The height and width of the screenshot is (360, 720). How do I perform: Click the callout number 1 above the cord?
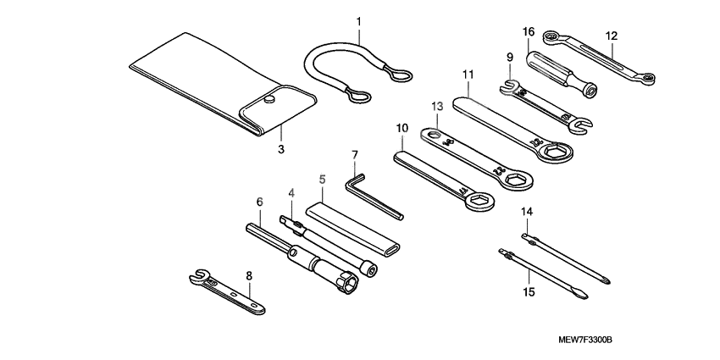click(358, 19)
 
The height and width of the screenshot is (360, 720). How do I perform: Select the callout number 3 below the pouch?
click(280, 149)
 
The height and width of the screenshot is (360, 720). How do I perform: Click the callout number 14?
click(526, 211)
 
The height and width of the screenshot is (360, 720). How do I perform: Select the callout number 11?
click(467, 75)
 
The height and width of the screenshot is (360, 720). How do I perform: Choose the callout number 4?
click(291, 192)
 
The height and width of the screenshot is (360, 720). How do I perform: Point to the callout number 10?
click(402, 128)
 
